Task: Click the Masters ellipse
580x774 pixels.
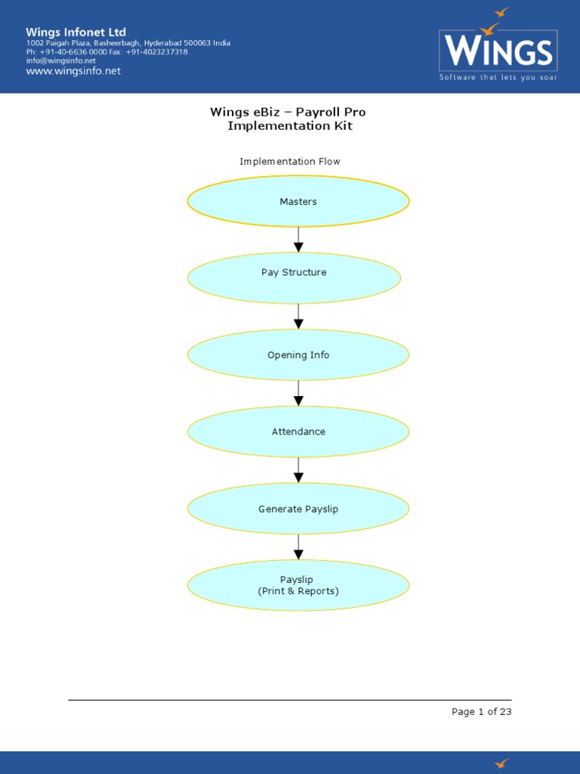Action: pos(298,202)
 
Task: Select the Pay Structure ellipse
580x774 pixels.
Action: pos(294,277)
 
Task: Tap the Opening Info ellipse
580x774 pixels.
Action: pos(298,354)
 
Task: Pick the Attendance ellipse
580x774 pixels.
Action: pos(298,432)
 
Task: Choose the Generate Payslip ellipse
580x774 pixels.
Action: pos(298,509)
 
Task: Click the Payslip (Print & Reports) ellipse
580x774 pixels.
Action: pos(298,585)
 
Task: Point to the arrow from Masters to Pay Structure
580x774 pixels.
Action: pos(298,240)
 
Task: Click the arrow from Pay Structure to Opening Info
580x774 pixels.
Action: pos(298,316)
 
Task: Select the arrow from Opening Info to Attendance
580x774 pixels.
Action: pos(298,393)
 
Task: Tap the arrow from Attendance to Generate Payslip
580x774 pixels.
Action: pos(298,470)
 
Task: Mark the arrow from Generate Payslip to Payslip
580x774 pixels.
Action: pos(298,546)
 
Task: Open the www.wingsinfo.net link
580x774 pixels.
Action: pos(73,71)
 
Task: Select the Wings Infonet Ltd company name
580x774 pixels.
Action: pos(76,32)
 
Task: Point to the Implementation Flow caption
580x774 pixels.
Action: pos(290,161)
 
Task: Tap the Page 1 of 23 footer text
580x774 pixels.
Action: pos(481,711)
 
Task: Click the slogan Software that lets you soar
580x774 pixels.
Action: pos(498,77)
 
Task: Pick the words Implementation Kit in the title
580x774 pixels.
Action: pos(290,125)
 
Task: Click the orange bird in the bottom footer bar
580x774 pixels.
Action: pos(501,763)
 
